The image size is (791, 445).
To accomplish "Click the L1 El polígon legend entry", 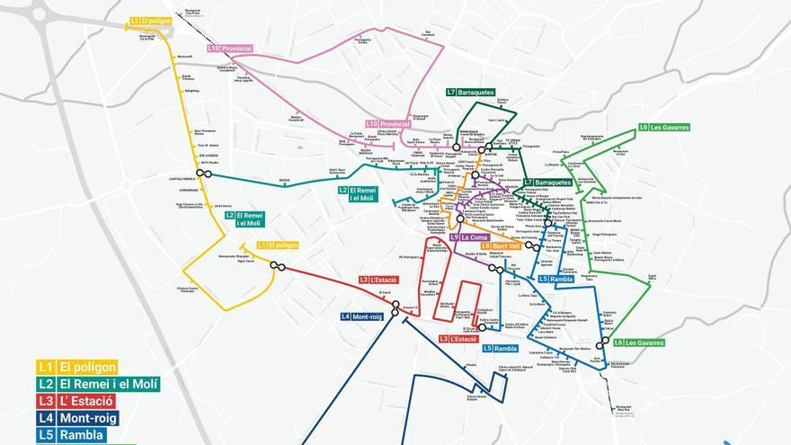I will (x=77, y=367).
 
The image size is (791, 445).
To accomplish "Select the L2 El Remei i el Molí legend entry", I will (x=98, y=384).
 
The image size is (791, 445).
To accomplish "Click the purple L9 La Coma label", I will (x=468, y=237).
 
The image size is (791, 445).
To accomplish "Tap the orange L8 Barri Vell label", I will (x=501, y=245).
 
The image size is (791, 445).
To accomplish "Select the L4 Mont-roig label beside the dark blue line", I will (x=362, y=316).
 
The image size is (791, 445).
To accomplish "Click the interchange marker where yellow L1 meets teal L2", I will (x=204, y=174).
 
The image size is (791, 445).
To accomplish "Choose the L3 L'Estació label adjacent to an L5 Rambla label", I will (x=458, y=339).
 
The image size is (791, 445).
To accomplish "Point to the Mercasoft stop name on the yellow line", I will (x=186, y=57).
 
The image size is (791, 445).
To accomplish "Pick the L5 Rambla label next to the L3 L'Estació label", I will (x=500, y=348).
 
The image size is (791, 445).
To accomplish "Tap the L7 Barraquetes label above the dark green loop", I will (x=470, y=92).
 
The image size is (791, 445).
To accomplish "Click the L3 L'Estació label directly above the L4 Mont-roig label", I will (x=378, y=280).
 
